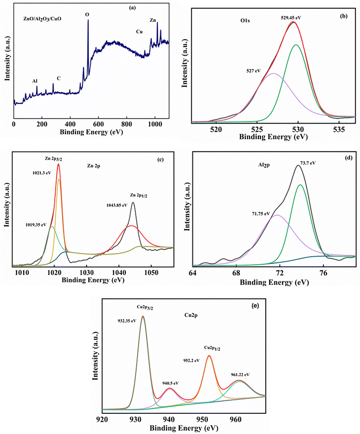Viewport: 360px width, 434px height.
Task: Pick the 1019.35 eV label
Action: [x=36, y=225]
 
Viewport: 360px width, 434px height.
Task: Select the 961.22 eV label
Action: [x=240, y=374]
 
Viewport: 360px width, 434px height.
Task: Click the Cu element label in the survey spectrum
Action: [x=139, y=32]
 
